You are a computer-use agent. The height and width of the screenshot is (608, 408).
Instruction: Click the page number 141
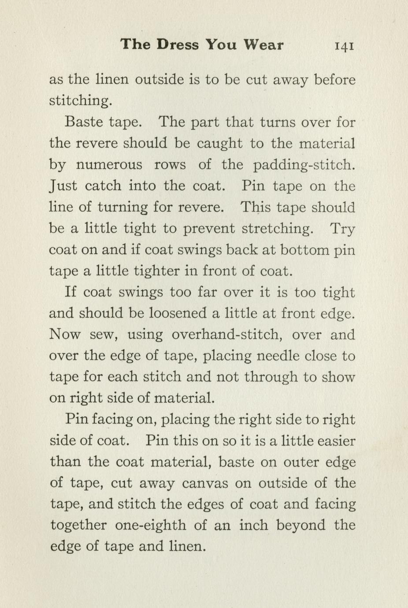[x=344, y=46]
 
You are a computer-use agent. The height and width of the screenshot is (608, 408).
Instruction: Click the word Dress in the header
[x=178, y=44]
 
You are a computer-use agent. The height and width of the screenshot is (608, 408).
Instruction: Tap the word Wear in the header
[x=263, y=44]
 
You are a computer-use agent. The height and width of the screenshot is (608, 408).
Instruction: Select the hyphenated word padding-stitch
[x=304, y=165]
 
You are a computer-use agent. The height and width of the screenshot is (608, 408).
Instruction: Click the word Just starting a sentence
[x=63, y=186]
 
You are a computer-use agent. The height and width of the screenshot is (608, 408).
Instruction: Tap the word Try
[x=342, y=229]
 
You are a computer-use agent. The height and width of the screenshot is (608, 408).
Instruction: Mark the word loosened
[x=178, y=313]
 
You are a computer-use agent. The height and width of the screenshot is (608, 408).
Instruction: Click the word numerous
[x=109, y=165]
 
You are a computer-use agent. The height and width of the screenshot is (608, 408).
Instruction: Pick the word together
[x=78, y=525]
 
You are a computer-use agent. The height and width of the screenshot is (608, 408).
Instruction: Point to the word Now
[x=64, y=335]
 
